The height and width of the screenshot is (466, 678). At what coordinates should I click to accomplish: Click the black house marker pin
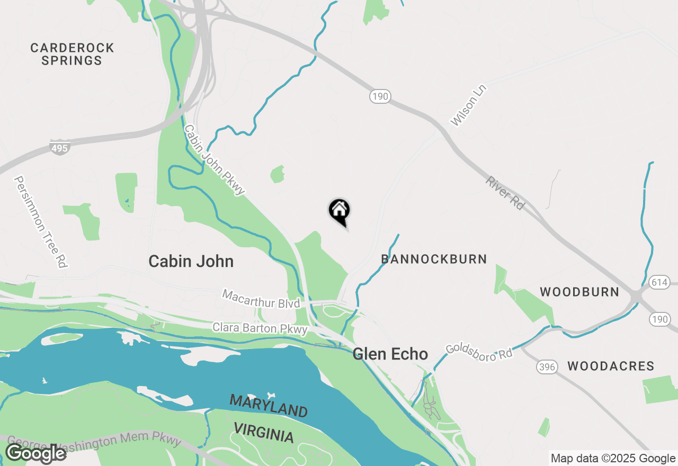340,211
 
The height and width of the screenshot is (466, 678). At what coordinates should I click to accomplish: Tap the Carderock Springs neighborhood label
72,54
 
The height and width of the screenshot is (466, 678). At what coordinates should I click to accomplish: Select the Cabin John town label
191,261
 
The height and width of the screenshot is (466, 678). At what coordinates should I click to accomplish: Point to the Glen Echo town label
390,354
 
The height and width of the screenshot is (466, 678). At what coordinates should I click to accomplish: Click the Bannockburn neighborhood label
434,259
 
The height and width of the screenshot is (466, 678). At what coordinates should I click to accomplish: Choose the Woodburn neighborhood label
579,292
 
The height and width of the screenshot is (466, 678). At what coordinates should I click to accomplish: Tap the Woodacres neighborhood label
611,366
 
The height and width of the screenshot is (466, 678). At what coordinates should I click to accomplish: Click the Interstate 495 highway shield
59,147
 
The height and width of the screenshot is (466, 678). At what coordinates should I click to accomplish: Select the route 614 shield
659,282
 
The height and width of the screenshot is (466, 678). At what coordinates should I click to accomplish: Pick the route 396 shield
547,366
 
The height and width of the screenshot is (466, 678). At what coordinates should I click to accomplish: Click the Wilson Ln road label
468,105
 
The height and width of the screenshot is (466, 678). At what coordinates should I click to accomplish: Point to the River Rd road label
505,193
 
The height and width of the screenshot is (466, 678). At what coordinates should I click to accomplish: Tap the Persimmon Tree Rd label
41,222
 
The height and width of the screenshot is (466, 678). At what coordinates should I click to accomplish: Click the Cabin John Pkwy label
215,160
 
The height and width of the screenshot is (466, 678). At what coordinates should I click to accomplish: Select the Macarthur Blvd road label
261,299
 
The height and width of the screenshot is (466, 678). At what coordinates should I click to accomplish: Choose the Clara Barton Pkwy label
260,328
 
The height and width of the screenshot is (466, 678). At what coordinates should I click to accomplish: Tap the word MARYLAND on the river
268,406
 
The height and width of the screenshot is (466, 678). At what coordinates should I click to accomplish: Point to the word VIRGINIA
263,433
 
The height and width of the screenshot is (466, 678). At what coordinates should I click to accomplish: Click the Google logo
35,454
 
